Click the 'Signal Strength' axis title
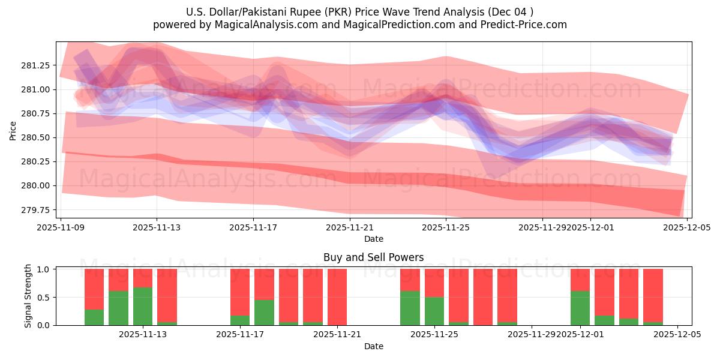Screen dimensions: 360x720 coord(28,296)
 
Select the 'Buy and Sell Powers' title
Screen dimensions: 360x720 coord(373,257)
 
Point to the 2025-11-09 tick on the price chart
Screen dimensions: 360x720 coord(61,227)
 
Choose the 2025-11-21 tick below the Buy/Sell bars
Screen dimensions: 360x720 coord(337,334)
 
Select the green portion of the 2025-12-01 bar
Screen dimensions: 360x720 coord(580,308)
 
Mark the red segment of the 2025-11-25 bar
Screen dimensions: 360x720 coord(434,283)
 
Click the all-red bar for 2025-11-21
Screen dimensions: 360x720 coord(337,297)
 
